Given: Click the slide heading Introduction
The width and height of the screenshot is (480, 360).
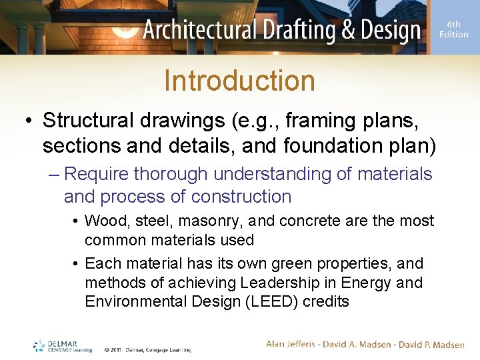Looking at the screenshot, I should pos(239,81).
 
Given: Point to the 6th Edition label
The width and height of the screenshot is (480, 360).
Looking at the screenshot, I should pos(454,29).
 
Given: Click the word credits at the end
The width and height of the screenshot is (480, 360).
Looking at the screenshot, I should pos(325,301).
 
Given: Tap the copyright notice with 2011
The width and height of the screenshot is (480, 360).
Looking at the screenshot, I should pos(147,349).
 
